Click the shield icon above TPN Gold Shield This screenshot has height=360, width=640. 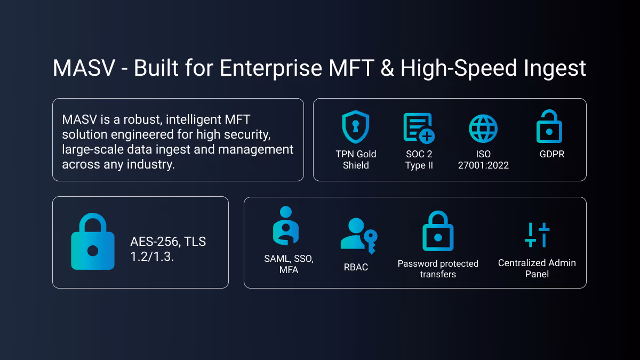pos(356,127)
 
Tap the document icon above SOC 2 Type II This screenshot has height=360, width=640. pos(419,127)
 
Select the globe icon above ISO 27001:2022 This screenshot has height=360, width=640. pos(483,129)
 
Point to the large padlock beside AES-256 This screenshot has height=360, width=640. pos(93,242)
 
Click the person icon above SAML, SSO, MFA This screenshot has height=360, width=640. pos(286,226)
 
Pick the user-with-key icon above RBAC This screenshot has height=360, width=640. pos(359,236)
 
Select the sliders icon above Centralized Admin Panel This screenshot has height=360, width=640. pos(537,235)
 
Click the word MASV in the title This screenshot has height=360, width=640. pos(84,68)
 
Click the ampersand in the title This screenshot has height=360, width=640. pos(387,68)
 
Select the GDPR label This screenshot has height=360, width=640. pos(552,154)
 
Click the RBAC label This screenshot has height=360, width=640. pos(356,267)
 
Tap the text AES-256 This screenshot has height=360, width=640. pos(155,242)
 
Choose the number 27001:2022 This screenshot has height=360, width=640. pos(483,165)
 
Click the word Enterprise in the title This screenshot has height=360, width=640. pos(271,69)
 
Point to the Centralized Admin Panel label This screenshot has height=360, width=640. pos(537,268)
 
